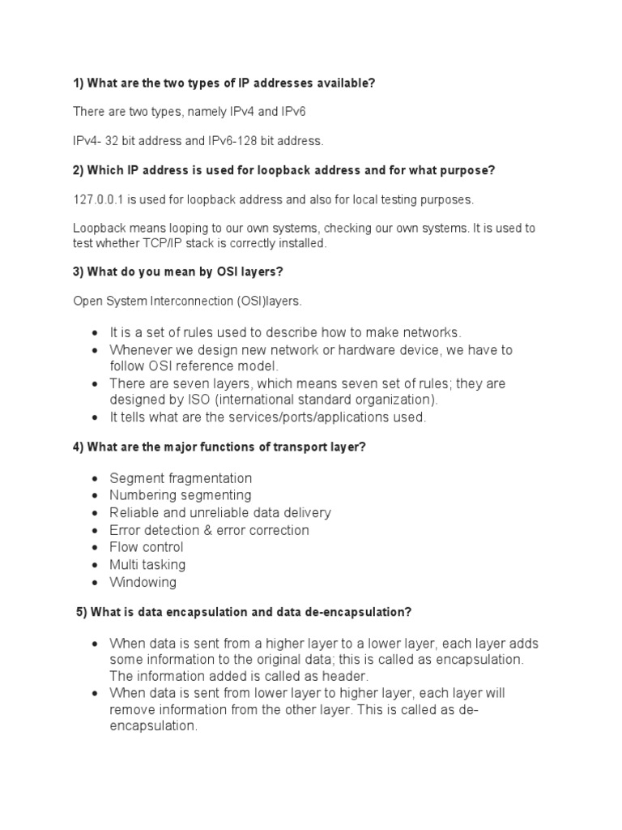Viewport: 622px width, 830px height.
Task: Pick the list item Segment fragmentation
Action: (181, 478)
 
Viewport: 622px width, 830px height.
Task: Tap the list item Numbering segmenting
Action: (181, 495)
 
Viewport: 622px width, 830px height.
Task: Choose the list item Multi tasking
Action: (147, 565)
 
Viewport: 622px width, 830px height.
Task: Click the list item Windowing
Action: (143, 582)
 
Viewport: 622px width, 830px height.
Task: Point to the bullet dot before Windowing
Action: (95, 583)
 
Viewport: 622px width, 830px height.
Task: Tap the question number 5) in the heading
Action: (82, 612)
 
